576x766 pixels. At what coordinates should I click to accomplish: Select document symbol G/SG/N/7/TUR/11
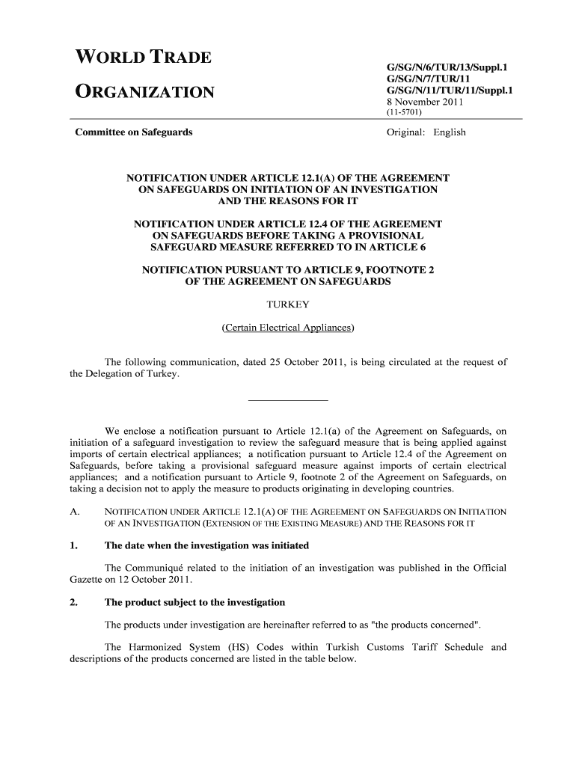pyautogui.click(x=427, y=79)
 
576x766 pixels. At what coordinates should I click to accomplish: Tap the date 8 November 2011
pyautogui.click(x=423, y=102)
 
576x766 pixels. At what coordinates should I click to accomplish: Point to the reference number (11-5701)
pyautogui.click(x=404, y=113)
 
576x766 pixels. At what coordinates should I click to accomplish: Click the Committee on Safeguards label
pyautogui.click(x=134, y=132)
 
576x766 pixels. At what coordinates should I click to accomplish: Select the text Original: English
pyautogui.click(x=426, y=132)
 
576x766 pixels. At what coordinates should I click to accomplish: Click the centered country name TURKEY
pyautogui.click(x=288, y=305)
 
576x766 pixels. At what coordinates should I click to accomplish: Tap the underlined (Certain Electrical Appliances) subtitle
pyautogui.click(x=288, y=328)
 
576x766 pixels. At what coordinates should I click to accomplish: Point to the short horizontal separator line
pyautogui.click(x=288, y=400)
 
